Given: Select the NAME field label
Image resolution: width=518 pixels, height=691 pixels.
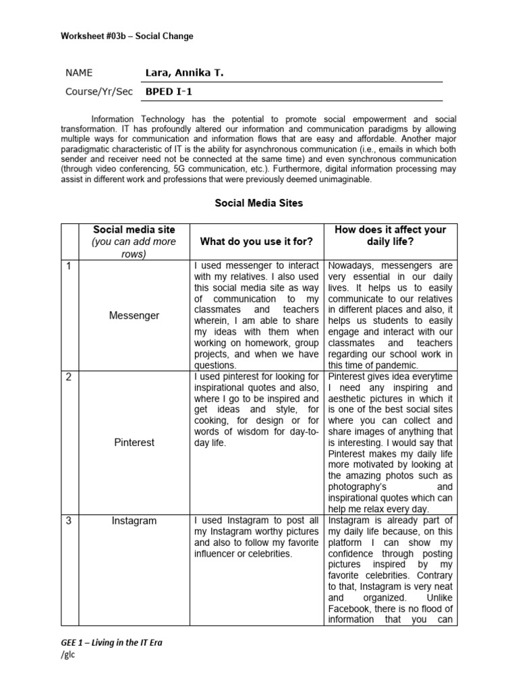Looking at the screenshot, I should [79, 73].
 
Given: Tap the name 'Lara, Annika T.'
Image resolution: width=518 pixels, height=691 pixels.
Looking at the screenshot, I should [183, 73].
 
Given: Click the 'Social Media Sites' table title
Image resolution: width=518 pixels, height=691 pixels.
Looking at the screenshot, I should [259, 203].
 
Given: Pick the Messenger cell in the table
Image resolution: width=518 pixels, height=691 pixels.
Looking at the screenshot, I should [134, 315].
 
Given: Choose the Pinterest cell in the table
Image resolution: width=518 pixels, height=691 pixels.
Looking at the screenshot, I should [134, 442].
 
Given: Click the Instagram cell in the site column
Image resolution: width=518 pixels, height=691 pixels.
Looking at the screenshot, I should [134, 520].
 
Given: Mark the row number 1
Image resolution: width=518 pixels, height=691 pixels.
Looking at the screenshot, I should [68, 266].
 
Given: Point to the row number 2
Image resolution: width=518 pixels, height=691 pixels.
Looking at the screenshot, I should [68, 377].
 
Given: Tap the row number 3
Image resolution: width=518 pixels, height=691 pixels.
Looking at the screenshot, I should [68, 520].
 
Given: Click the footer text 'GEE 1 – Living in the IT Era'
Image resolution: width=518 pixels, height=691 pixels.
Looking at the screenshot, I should [111, 642].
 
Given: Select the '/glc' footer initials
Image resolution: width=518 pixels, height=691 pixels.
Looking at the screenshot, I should [67, 656].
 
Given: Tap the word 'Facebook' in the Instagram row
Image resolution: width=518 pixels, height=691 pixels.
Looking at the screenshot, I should [351, 608].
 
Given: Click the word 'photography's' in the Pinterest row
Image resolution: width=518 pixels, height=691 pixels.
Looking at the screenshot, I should [358, 487].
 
